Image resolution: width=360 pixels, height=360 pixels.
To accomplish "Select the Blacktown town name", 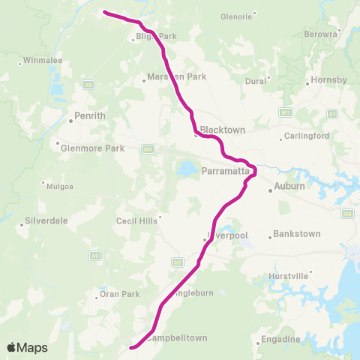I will tap(223, 130).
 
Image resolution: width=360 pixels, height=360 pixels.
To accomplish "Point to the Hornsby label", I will tap(331, 80).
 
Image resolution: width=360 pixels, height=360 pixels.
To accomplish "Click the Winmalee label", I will tap(37, 59).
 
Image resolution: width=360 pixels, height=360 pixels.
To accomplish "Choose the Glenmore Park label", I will tap(91, 148).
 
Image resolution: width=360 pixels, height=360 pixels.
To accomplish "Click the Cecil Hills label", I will tap(136, 220).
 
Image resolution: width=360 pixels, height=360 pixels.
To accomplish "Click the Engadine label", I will tap(282, 340).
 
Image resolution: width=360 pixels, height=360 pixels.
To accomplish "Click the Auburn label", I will tap(289, 186).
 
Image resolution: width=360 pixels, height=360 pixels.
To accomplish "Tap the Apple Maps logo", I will tap(27, 347).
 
